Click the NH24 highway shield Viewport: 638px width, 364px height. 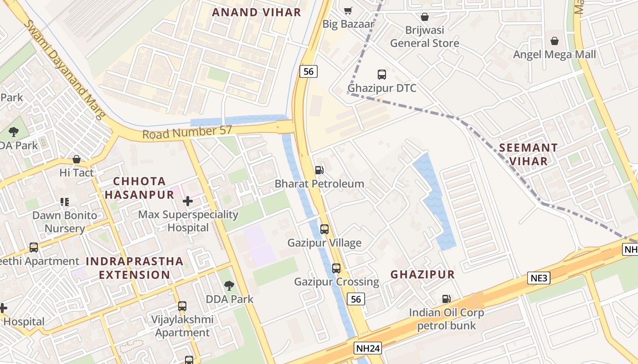click(x=367, y=349)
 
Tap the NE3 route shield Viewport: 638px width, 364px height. click(x=539, y=278)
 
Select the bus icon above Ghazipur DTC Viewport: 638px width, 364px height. click(x=382, y=74)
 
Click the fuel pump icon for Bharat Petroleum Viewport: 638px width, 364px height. click(x=319, y=170)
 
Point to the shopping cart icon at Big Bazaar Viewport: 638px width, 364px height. click(x=348, y=10)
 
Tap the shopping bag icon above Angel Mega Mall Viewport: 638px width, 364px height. click(x=555, y=41)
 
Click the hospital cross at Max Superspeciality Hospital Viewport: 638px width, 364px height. click(x=188, y=201)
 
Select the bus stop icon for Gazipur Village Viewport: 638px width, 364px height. click(x=324, y=229)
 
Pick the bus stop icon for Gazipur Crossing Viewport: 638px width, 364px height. click(x=336, y=268)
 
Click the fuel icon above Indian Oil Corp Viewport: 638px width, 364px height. click(x=446, y=299)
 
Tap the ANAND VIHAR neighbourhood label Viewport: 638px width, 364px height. click(x=257, y=12)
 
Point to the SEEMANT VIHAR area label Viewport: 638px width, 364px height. click(x=529, y=154)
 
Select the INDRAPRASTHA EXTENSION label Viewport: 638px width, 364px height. click(x=134, y=268)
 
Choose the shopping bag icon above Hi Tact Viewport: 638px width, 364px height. click(x=77, y=159)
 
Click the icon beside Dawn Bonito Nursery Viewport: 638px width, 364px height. click(x=64, y=202)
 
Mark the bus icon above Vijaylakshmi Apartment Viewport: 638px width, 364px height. click(x=182, y=306)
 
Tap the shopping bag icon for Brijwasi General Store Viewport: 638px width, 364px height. click(x=425, y=17)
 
